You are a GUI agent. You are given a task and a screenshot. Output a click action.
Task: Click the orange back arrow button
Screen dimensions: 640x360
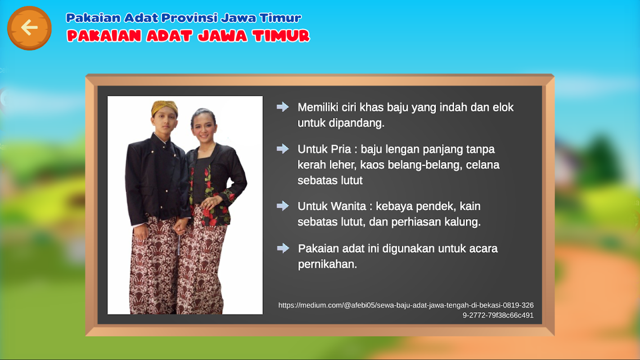[x=29, y=28]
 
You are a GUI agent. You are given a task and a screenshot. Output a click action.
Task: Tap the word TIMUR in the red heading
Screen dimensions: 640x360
[x=281, y=36]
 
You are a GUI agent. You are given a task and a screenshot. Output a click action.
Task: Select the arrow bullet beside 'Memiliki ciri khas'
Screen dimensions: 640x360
[x=283, y=107]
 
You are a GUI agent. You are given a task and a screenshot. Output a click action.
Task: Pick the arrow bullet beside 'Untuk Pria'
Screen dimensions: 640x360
[x=283, y=148]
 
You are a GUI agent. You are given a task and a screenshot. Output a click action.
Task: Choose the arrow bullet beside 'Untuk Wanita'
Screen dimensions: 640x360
[x=283, y=206]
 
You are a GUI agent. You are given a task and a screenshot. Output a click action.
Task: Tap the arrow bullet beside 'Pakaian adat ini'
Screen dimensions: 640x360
[x=283, y=248]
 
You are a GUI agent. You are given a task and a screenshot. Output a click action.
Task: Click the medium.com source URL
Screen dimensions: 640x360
[x=406, y=310]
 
